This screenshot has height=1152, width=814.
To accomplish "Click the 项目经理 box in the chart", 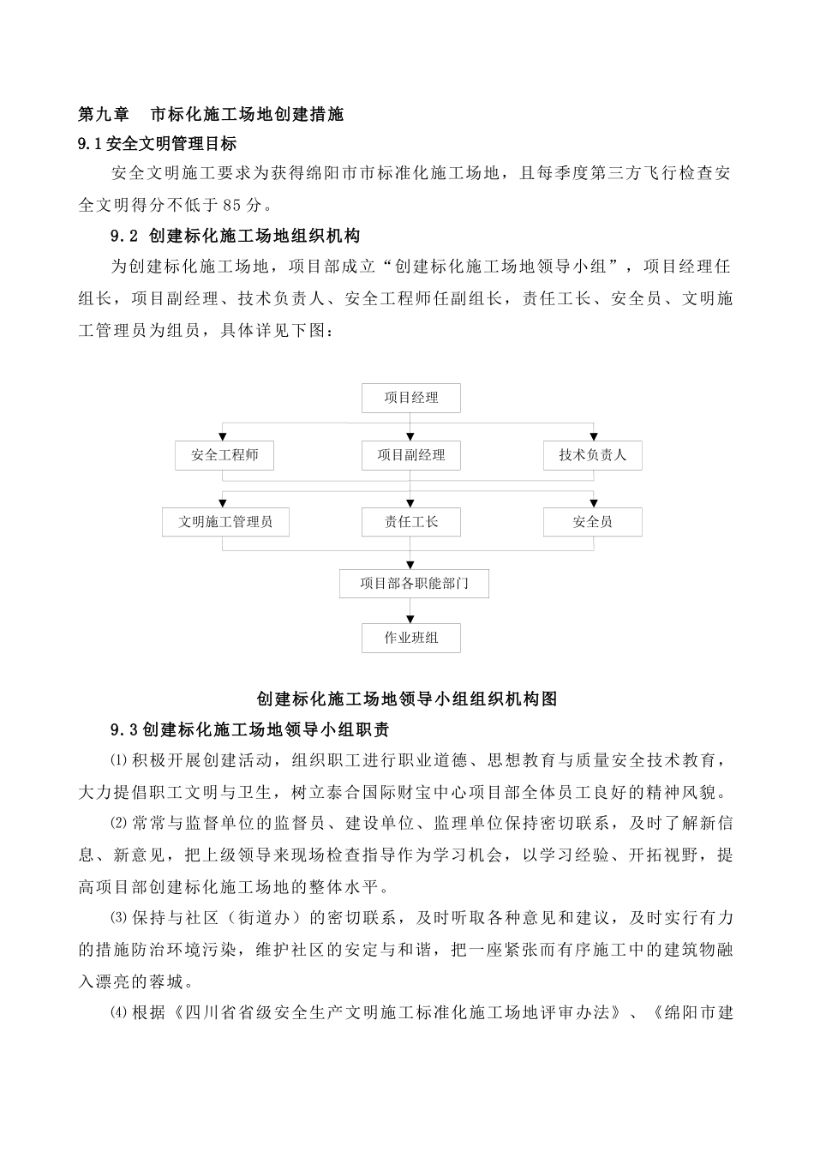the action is tap(411, 398).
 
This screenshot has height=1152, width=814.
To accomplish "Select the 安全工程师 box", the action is tap(224, 455).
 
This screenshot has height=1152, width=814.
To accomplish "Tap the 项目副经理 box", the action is tap(411, 455).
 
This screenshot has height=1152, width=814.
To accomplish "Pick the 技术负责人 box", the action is tap(593, 455).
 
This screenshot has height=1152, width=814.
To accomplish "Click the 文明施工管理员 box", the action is tap(225, 522).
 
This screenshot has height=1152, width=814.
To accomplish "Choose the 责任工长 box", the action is tap(411, 522).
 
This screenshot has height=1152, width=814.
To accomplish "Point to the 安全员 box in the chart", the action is tap(593, 522).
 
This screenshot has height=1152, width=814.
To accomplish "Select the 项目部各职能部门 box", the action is tap(415, 584).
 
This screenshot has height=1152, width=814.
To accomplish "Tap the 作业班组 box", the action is tap(411, 639).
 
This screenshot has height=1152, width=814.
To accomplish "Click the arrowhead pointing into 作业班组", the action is tap(411, 619).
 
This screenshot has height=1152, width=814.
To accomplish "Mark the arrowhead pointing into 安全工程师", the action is tap(224, 436).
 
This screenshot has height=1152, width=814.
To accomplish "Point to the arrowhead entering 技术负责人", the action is tap(593, 436).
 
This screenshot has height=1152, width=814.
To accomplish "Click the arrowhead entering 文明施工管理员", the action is tap(224, 503).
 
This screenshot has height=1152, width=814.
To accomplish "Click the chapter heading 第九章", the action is tap(103, 113).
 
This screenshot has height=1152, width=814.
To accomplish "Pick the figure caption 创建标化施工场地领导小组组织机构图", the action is tap(407, 699).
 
